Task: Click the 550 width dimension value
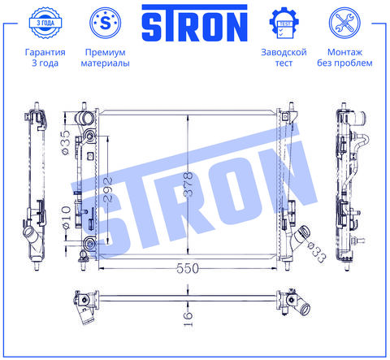tap(187, 268)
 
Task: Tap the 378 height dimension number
tap(188, 184)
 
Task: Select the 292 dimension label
tap(108, 189)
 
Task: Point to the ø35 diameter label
tap(66, 143)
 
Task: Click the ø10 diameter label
tap(67, 217)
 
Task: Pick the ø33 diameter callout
tap(317, 253)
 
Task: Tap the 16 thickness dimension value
tap(188, 319)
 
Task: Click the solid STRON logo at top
tap(194, 23)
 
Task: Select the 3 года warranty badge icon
tap(45, 23)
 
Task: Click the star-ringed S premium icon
tap(106, 23)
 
